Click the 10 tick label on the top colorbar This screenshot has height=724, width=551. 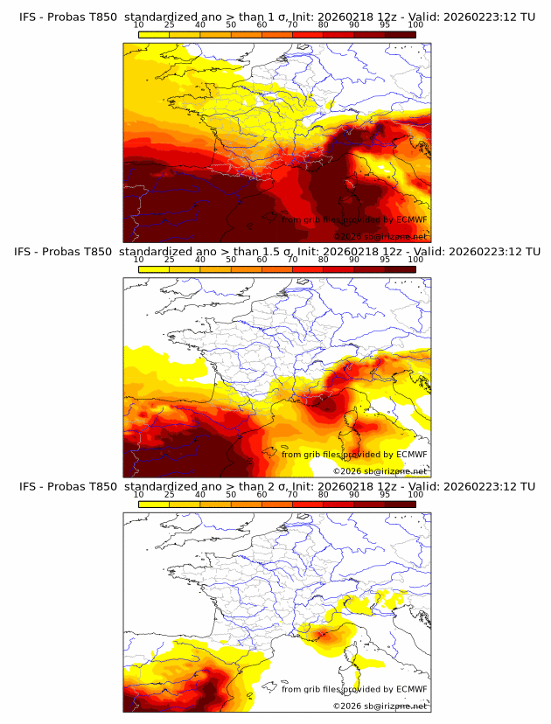139,24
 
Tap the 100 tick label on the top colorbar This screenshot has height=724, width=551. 415,24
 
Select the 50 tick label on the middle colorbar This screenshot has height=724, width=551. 231,260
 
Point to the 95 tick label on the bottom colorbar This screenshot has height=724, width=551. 385,495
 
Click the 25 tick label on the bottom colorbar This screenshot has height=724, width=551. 170,495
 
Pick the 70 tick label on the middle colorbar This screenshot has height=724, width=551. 293,260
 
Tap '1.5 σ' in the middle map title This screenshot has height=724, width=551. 284,251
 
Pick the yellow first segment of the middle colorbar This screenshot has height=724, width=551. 154,268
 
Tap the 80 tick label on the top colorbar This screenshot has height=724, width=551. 324,24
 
